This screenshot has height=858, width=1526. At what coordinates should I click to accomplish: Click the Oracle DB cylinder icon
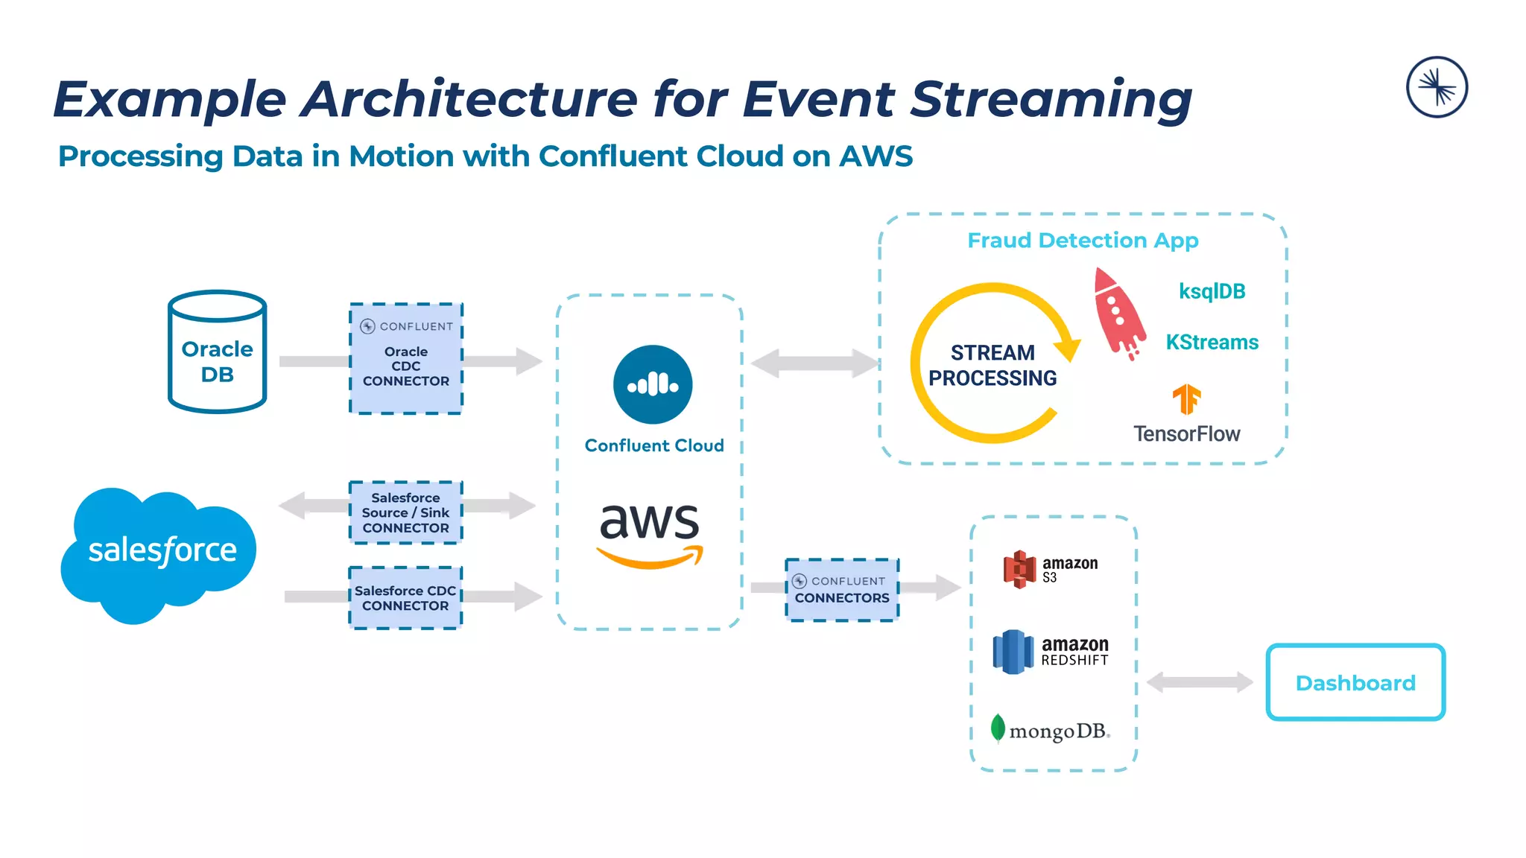tap(217, 352)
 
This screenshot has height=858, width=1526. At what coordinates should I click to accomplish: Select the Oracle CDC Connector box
tap(406, 359)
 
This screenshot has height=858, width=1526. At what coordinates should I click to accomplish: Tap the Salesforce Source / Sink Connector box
tap(406, 512)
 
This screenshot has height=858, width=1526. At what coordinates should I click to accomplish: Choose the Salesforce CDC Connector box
tap(406, 598)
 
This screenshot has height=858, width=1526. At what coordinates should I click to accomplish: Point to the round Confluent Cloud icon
tap(653, 385)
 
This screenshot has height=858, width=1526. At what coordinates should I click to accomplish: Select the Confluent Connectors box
tap(842, 590)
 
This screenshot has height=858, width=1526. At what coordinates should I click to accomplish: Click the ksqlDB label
tap(1212, 291)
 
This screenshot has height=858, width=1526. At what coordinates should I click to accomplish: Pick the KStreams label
tap(1212, 343)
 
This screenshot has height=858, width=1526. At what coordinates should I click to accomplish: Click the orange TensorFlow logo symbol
tap(1186, 399)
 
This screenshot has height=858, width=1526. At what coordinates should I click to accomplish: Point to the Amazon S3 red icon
tap(1020, 570)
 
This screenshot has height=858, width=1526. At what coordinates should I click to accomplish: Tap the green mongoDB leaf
tap(998, 728)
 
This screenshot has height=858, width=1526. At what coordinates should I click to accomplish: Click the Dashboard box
tap(1355, 682)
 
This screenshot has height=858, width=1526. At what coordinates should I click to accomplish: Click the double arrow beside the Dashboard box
tap(1200, 681)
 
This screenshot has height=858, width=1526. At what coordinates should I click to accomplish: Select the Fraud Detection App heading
tap(1083, 241)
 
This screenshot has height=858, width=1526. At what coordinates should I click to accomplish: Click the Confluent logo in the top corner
tap(1437, 87)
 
